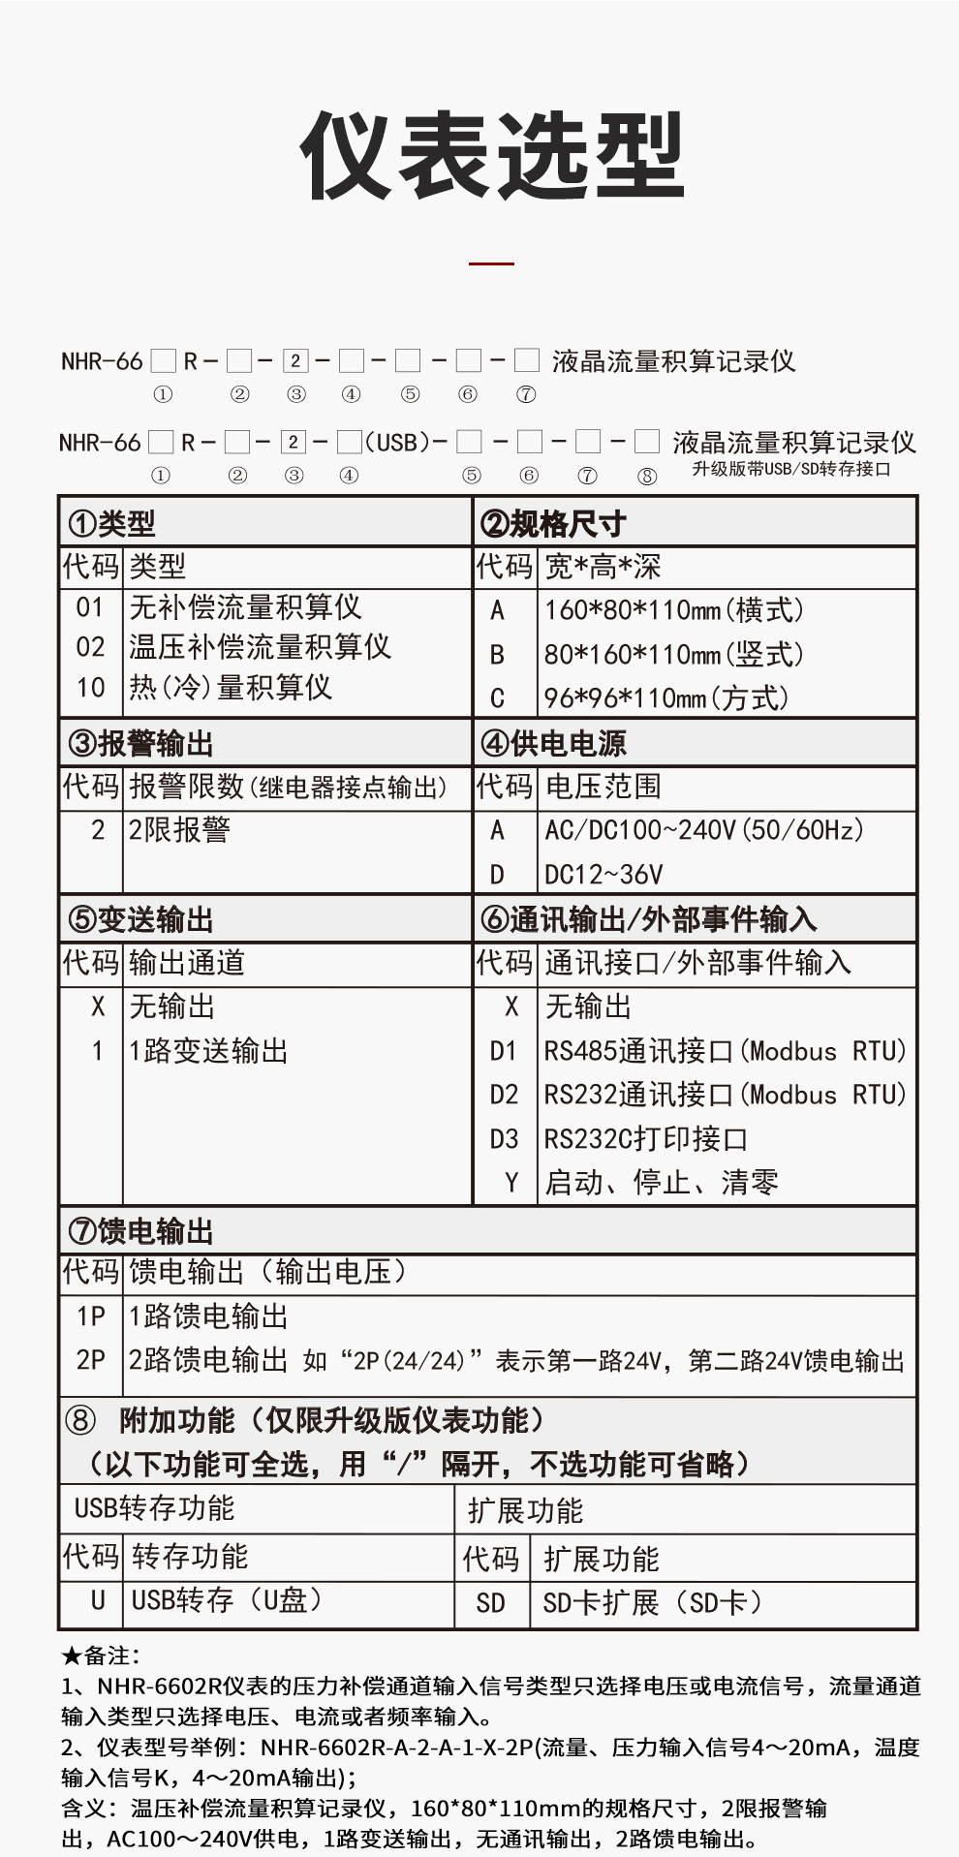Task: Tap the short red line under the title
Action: tap(491, 263)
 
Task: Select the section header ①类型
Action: tap(111, 524)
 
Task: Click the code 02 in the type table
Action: tap(90, 647)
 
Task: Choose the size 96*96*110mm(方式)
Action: tap(666, 698)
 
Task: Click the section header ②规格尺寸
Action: tap(553, 524)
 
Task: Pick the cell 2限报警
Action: tap(179, 830)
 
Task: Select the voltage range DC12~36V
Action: tap(603, 875)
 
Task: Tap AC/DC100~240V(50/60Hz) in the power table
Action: tap(704, 830)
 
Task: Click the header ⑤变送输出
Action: tap(140, 919)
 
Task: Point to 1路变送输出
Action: tap(208, 1051)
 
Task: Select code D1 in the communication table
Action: tap(504, 1051)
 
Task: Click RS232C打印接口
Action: tap(645, 1139)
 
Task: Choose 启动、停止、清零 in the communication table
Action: tap(662, 1183)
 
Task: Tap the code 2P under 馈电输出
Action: tap(90, 1360)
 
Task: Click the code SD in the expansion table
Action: tap(490, 1603)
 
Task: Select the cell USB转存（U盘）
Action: tap(227, 1600)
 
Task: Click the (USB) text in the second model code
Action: tap(396, 443)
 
